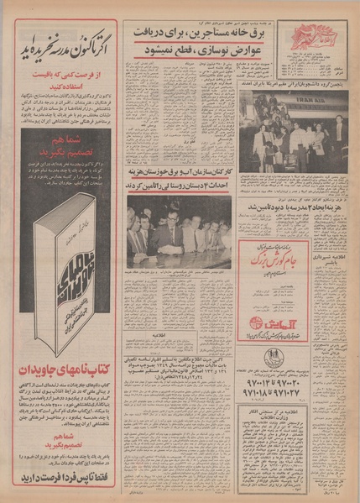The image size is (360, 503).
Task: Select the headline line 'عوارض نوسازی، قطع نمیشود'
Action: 180,50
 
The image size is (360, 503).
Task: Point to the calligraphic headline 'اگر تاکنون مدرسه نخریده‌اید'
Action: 64,37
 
